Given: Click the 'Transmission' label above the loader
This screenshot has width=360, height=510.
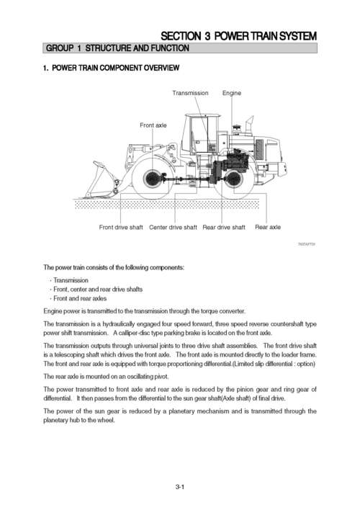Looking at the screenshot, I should (190, 93).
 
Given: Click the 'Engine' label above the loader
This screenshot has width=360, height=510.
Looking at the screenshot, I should (232, 93).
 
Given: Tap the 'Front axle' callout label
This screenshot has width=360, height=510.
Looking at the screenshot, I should (153, 125).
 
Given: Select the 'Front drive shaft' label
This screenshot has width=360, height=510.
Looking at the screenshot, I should (120, 228).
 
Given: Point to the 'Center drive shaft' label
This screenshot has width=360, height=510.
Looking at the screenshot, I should (173, 228).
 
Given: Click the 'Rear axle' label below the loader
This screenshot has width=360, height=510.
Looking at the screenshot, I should (268, 228).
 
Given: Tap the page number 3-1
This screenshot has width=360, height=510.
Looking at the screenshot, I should (180, 488).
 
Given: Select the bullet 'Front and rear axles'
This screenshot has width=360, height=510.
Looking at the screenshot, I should (81, 298).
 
